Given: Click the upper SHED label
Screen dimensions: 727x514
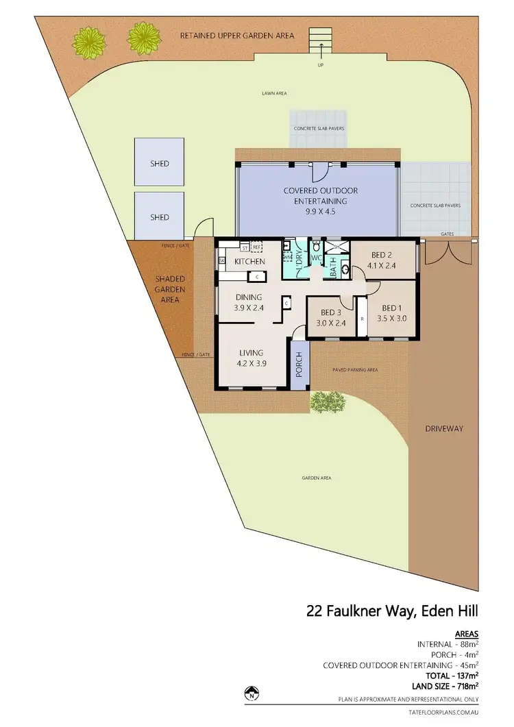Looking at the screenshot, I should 159,164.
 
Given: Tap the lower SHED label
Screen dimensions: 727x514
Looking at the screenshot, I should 159,217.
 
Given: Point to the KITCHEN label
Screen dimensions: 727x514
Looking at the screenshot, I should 249,262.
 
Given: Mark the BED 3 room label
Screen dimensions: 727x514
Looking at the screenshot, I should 332,318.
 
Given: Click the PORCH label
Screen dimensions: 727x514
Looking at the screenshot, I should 299,365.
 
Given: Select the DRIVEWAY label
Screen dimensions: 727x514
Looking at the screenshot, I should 444,429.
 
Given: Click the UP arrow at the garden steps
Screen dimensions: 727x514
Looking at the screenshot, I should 320,48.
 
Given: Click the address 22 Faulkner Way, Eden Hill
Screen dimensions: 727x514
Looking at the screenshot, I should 392,611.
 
